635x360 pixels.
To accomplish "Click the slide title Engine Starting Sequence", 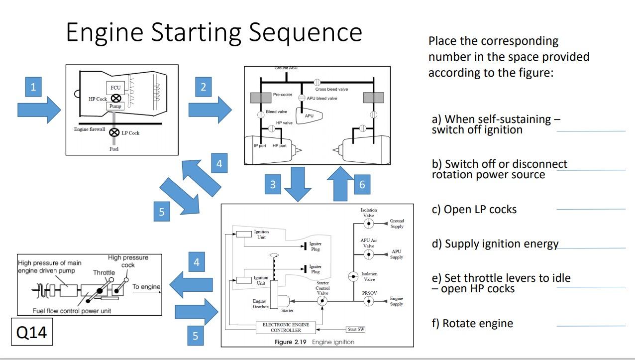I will click(214, 32).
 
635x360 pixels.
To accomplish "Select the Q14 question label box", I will click(32, 332).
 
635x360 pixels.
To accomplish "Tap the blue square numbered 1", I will click(33, 87).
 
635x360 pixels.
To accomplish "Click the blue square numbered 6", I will click(362, 184).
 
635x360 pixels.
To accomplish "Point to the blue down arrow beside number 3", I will click(298, 184).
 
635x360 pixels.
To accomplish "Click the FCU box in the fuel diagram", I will click(115, 88).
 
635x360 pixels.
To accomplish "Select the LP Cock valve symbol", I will click(114, 132).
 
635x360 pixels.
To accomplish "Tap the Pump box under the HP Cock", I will click(115, 106).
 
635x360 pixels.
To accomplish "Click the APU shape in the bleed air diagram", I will click(309, 116).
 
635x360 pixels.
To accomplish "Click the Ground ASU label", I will click(286, 68).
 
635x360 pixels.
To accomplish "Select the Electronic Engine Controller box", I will click(286, 327).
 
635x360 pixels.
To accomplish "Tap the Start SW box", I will click(355, 329).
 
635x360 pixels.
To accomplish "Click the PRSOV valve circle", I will click(369, 301).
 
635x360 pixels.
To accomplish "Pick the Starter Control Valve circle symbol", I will click(322, 301).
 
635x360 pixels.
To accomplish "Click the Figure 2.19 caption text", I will click(314, 342).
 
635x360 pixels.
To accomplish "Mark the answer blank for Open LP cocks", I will click(591, 209).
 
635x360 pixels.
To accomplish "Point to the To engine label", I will click(146, 287).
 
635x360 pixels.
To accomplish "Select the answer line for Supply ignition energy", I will click(591, 247).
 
